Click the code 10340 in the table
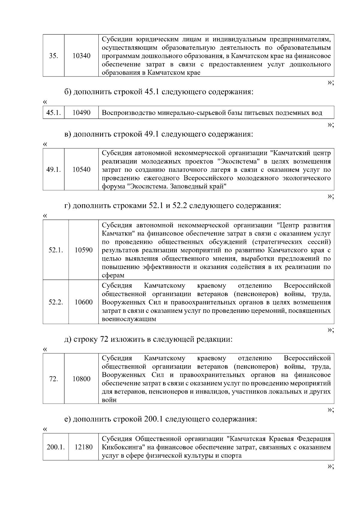coord(81,56)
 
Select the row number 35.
coord(53,56)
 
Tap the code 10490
coord(81,113)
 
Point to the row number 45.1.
coord(53,113)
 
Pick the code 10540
coord(81,170)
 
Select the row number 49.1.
coord(53,170)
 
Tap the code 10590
coord(83,250)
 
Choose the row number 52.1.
coord(55,250)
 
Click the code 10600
coord(83,302)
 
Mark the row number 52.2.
coord(55,302)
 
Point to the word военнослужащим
coord(129,319)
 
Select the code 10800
coord(81,379)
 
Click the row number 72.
coord(53,379)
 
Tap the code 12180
coord(83,447)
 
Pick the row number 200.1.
coord(55,447)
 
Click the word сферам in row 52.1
coord(113,275)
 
